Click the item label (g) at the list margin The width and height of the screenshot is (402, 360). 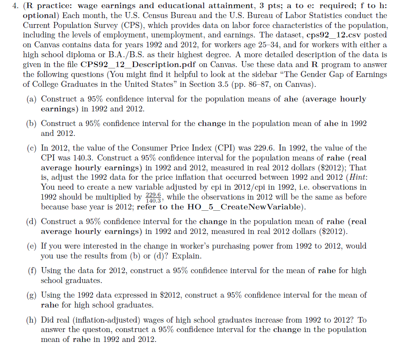pos(32,295)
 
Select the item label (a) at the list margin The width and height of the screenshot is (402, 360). pos(32,99)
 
